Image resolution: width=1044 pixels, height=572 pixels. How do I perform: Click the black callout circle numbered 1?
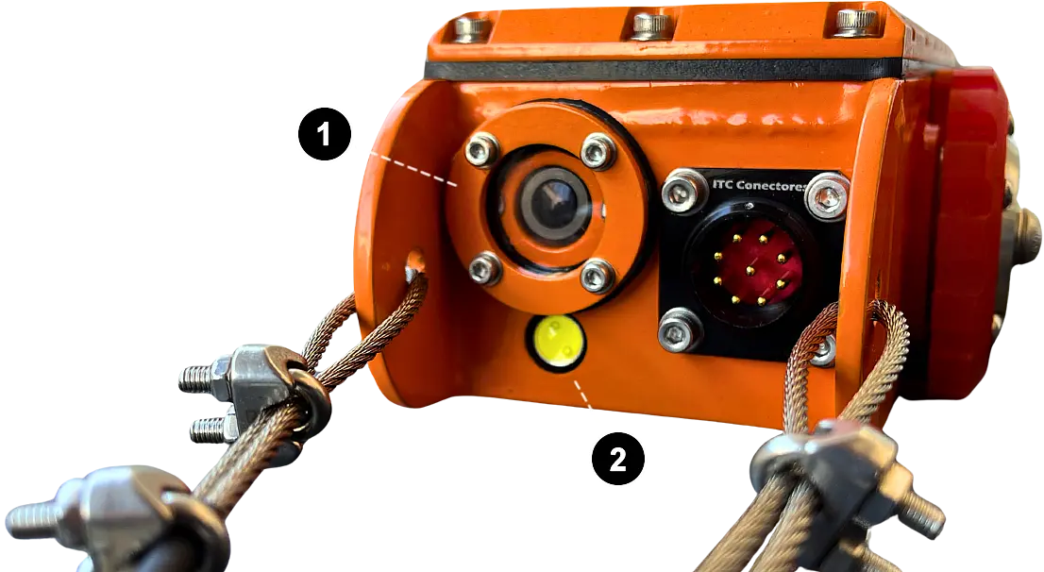[325, 134]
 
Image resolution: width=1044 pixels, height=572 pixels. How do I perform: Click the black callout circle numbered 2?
[618, 459]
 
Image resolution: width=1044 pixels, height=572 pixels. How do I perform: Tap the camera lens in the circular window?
[552, 202]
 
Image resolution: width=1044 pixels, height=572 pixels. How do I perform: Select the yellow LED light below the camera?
[557, 342]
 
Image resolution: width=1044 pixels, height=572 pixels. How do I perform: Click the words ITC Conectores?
[759, 185]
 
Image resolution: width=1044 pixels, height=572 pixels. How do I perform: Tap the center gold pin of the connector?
[750, 270]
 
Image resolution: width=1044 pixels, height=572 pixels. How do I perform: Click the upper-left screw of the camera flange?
[481, 150]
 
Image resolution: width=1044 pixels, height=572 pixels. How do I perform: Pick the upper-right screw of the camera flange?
[598, 151]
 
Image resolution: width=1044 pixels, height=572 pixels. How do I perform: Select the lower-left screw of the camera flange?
[484, 268]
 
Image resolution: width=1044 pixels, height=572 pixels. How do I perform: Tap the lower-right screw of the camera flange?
[597, 275]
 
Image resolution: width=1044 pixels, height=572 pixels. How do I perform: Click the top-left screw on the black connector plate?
[683, 191]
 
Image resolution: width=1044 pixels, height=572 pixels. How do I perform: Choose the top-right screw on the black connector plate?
[827, 195]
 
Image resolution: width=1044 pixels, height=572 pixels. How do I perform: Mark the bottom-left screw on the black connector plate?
[680, 330]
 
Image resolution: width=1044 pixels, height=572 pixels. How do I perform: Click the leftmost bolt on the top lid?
[472, 28]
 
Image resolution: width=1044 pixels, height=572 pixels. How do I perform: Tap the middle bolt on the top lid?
[650, 25]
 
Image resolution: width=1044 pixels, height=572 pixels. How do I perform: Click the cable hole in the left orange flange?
[414, 261]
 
